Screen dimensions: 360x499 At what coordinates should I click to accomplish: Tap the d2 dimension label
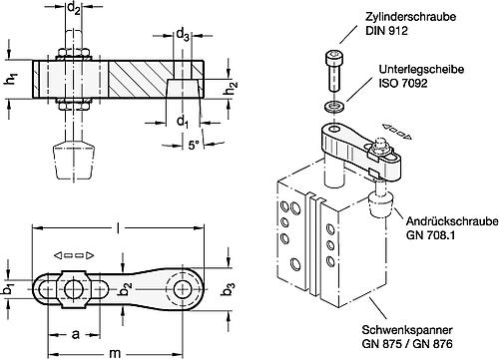pos(74,12)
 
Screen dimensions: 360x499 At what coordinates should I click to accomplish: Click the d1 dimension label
pos(182,123)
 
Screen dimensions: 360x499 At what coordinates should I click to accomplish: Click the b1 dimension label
pos(10,290)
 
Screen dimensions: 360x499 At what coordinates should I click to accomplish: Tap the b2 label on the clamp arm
pos(127,289)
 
